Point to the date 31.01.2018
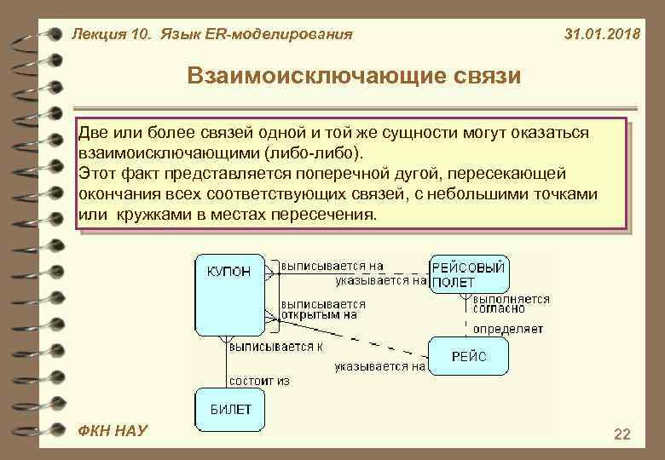[603, 35]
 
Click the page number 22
[622, 434]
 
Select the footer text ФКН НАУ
[112, 431]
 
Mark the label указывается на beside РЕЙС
[379, 367]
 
